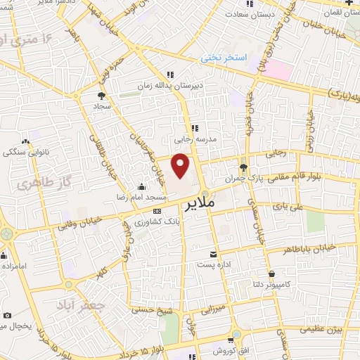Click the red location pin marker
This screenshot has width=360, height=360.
pyautogui.click(x=181, y=166)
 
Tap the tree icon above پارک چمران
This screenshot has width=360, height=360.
pyautogui.click(x=243, y=167)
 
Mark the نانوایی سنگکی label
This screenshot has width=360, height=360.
pyautogui.click(x=25, y=151)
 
